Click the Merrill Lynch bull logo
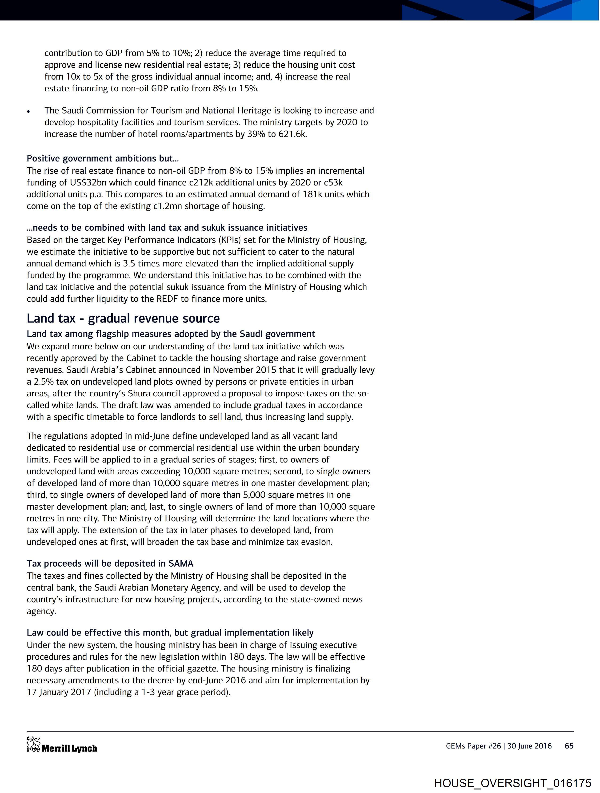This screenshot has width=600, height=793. coord(33,744)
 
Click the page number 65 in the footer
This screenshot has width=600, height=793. coord(569,746)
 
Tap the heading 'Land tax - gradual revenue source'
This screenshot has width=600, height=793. coord(123,318)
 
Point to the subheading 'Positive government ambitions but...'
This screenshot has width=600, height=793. coord(103,158)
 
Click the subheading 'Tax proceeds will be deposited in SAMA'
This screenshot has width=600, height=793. coord(110,564)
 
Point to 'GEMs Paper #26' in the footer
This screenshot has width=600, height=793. coord(473,746)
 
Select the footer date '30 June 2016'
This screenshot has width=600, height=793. coord(529,746)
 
